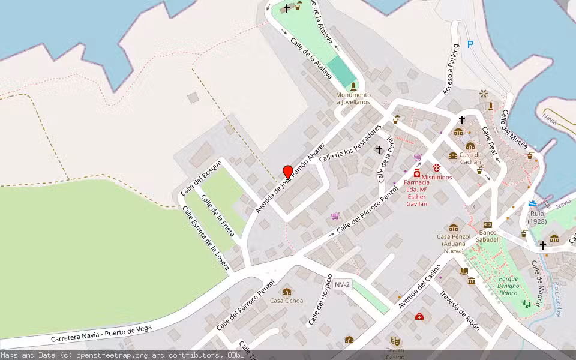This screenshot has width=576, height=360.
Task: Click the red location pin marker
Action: click(x=288, y=172)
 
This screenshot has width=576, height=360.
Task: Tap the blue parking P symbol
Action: click(x=470, y=44)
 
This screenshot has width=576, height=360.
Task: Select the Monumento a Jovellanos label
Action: click(x=353, y=98)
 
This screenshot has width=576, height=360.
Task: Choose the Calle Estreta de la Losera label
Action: click(x=206, y=238)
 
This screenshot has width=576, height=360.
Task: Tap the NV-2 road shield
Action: click(x=343, y=284)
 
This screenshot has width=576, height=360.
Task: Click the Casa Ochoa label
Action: click(x=287, y=301)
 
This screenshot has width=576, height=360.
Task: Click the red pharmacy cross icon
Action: click(x=417, y=173)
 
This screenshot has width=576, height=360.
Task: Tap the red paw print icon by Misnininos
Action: click(x=437, y=169)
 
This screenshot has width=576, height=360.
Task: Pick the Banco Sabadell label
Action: click(x=488, y=236)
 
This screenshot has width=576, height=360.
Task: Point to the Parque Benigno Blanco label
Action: click(x=508, y=286)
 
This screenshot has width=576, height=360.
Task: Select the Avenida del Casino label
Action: click(x=421, y=287)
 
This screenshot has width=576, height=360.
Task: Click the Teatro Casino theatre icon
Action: click(x=395, y=341)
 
